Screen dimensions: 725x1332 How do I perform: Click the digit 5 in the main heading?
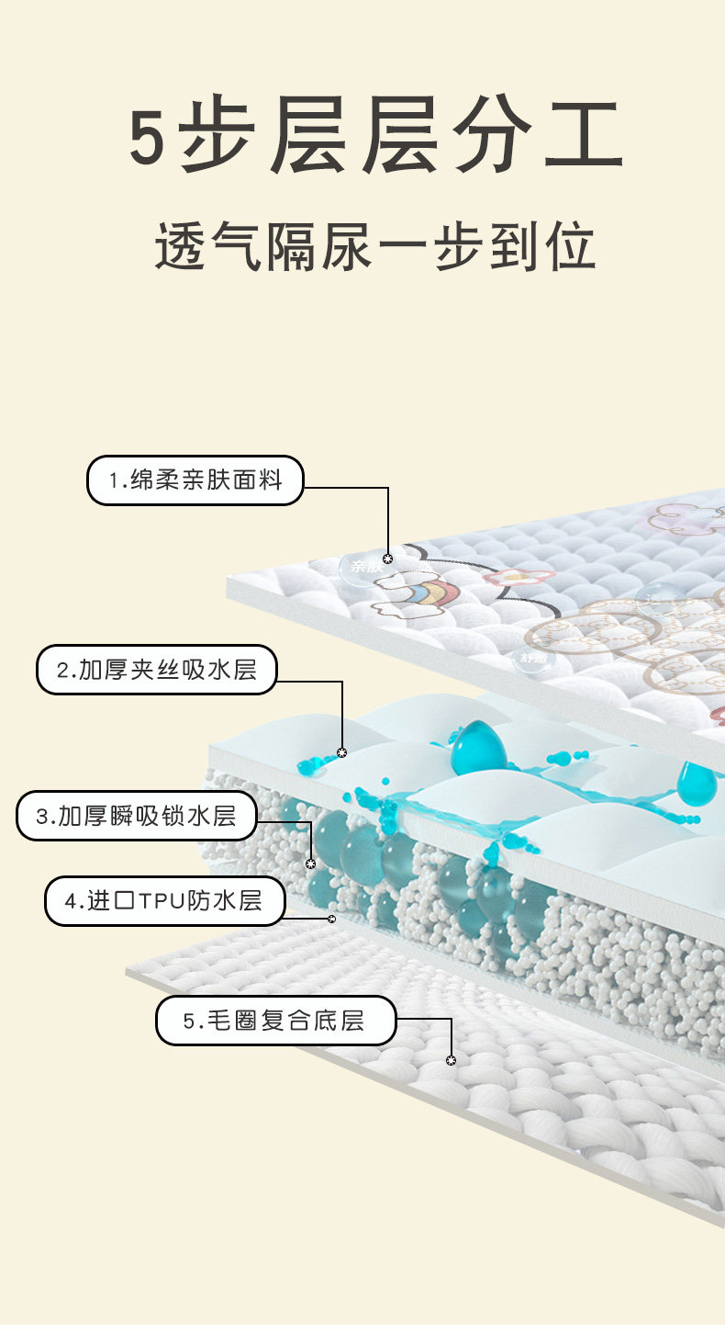[x=150, y=138]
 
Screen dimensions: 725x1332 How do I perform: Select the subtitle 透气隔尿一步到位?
[x=374, y=245]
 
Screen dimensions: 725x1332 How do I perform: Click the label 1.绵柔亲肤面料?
[x=195, y=480]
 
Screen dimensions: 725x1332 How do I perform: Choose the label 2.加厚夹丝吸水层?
[x=156, y=670]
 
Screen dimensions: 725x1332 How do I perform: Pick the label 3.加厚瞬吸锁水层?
[x=136, y=816]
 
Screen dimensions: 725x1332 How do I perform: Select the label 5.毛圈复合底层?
[x=274, y=1021]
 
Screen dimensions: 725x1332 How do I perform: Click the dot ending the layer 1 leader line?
[x=387, y=559]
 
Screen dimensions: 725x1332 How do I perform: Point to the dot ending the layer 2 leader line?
[x=342, y=752]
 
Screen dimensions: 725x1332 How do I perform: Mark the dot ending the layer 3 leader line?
[x=310, y=864]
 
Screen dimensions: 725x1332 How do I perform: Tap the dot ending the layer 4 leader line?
[x=331, y=918]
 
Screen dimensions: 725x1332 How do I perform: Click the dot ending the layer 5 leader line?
[x=451, y=1060]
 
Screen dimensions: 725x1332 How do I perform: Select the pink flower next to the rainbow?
[x=520, y=577]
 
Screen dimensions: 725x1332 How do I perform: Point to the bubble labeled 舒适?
[x=532, y=657]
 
